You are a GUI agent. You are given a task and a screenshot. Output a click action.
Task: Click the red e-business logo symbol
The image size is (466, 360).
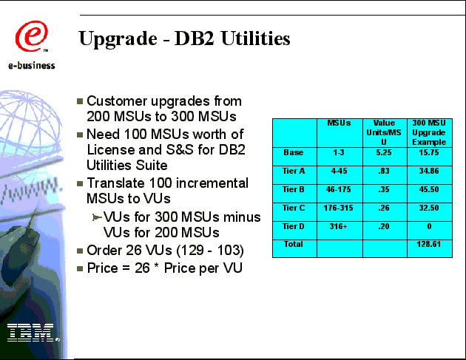[x=31, y=36]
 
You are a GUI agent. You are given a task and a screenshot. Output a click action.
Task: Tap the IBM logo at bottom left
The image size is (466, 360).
[x=32, y=333]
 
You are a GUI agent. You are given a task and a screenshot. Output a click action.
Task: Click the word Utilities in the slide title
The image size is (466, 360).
[x=256, y=38]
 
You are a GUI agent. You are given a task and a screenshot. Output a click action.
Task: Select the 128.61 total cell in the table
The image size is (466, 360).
[x=428, y=244]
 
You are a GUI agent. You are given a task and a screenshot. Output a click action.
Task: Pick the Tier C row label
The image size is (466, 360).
[x=294, y=208]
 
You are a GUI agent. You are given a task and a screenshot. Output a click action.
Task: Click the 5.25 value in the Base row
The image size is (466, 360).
[x=384, y=152]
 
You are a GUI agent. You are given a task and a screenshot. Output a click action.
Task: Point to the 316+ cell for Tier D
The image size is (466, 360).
[x=338, y=226]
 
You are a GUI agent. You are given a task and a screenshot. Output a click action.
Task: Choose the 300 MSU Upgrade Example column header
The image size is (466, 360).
[x=429, y=132]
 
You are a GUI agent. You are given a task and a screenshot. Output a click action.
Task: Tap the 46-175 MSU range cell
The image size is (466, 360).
[x=338, y=189]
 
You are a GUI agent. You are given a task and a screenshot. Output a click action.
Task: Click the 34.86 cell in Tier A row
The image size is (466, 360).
[x=429, y=171]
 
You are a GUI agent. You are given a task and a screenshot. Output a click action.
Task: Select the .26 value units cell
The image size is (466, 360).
[x=384, y=208]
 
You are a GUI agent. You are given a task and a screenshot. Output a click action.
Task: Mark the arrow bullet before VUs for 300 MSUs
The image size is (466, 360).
[x=97, y=218]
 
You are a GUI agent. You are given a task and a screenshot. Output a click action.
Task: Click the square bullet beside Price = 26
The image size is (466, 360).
[x=80, y=268]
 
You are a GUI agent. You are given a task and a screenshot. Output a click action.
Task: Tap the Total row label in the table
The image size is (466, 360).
[x=294, y=244]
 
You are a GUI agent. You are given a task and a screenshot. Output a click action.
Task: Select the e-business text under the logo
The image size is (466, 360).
[x=32, y=65]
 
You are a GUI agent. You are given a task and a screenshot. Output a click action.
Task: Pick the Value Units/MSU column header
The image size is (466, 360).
[x=384, y=132]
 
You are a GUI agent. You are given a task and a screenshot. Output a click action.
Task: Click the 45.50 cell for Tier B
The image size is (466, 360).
[x=429, y=189]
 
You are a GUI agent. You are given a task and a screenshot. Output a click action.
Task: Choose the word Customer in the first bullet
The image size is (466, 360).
[x=117, y=101]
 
